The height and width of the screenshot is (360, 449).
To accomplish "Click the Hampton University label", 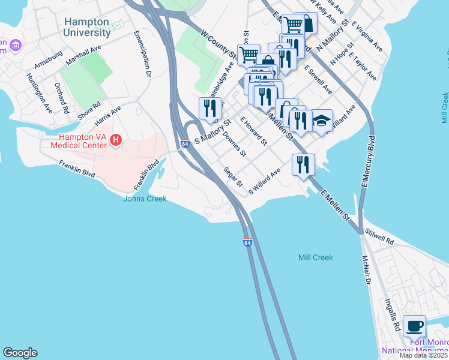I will (x=86, y=27).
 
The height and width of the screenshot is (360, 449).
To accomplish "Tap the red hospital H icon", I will (x=116, y=140).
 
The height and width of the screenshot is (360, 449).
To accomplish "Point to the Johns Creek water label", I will (x=145, y=199).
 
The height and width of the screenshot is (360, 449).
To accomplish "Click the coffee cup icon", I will (x=414, y=326).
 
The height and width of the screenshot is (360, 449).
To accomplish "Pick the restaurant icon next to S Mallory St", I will (x=210, y=108).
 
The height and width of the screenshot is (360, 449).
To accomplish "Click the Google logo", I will (x=20, y=353).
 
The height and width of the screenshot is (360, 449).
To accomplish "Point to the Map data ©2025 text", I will (x=423, y=355).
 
